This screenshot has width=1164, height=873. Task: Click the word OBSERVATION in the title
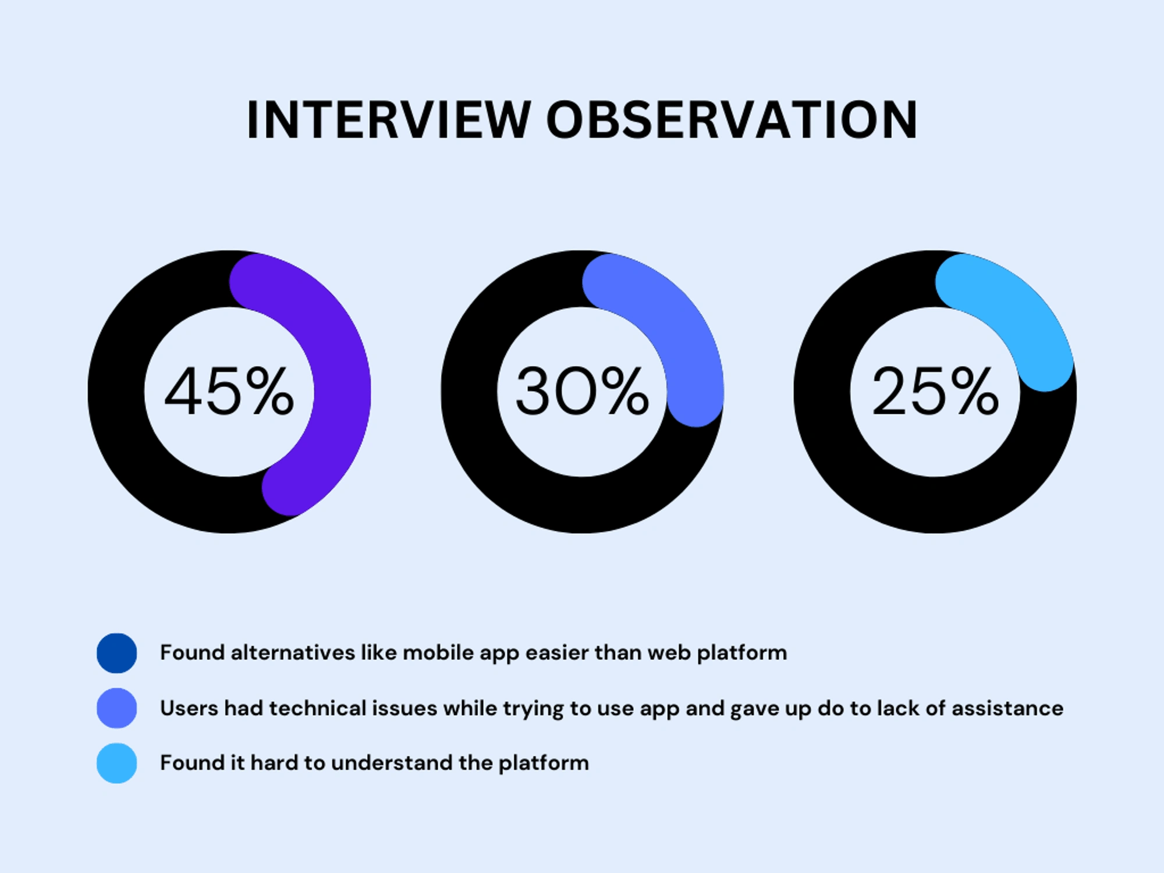[732, 120]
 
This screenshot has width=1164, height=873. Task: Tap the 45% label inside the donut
[229, 391]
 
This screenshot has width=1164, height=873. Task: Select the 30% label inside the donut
[582, 391]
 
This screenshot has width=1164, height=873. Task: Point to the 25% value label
[935, 391]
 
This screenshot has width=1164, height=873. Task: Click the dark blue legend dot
[117, 653]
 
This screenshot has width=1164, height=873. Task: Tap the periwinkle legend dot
[117, 708]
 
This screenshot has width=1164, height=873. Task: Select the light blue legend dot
[117, 763]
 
